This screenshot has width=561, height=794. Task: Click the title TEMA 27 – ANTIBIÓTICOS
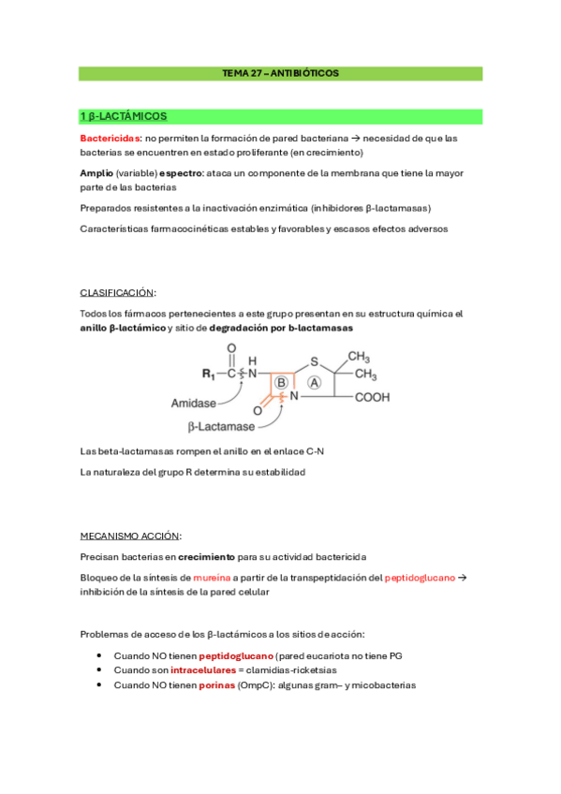[280, 72]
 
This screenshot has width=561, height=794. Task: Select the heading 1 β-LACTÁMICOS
[124, 117]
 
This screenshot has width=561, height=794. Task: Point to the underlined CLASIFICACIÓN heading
[118, 292]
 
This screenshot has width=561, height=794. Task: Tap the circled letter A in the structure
[314, 382]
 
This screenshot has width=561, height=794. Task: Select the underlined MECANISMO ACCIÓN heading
[131, 536]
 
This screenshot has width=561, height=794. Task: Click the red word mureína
[212, 578]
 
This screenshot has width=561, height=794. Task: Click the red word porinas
[216, 685]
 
